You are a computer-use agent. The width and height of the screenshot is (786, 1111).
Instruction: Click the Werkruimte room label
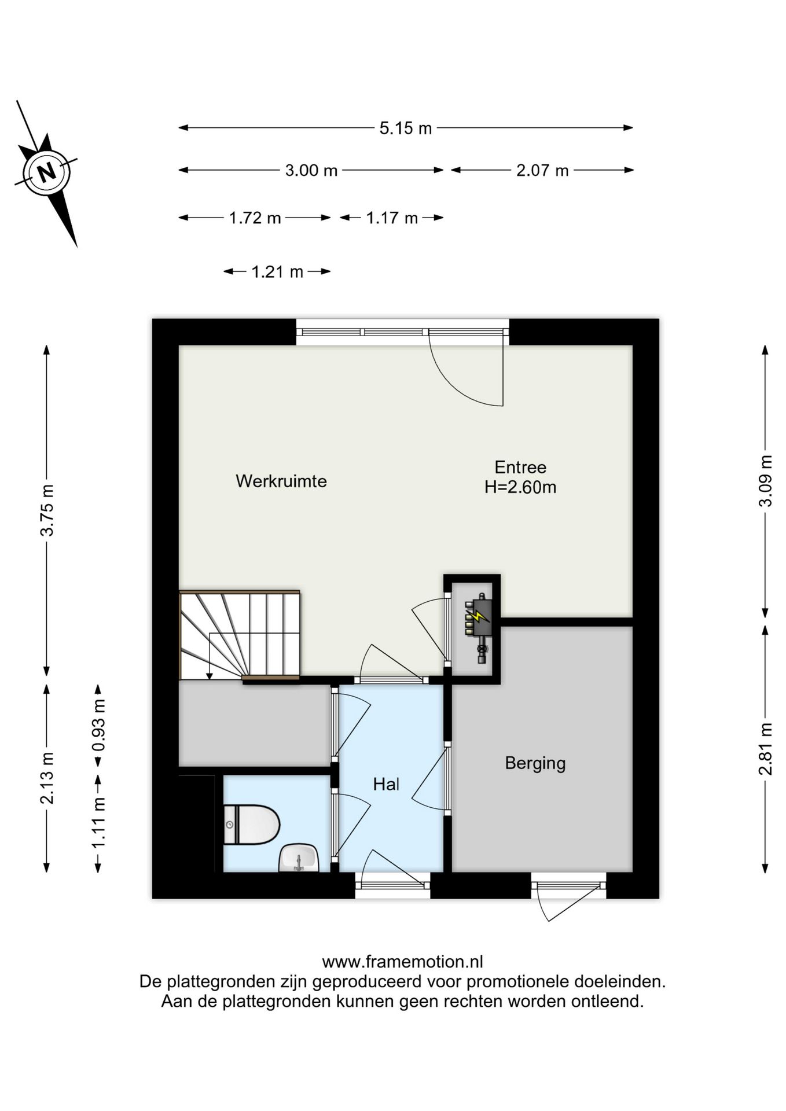click(x=281, y=481)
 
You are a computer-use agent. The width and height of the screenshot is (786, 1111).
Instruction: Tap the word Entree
click(x=520, y=467)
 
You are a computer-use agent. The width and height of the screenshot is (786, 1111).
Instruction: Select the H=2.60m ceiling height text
click(x=520, y=487)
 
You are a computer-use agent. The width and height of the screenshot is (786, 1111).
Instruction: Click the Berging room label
click(x=535, y=763)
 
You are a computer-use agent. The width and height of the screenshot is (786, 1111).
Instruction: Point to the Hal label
click(x=386, y=784)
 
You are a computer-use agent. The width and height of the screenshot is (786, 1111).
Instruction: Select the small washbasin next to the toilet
click(x=299, y=858)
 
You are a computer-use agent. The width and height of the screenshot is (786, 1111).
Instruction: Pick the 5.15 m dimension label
click(x=406, y=128)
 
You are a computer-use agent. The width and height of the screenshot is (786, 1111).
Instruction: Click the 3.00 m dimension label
click(x=311, y=170)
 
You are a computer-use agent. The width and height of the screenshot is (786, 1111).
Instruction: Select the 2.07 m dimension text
click(x=542, y=170)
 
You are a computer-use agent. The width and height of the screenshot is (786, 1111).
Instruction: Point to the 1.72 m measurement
click(x=255, y=218)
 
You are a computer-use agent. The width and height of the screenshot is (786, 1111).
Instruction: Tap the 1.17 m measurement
click(x=392, y=218)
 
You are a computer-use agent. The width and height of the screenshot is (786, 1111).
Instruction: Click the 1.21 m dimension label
click(x=277, y=271)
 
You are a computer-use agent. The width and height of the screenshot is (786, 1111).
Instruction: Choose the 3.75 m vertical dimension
click(x=47, y=510)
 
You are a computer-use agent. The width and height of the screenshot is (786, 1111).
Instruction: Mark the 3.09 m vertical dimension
click(x=765, y=481)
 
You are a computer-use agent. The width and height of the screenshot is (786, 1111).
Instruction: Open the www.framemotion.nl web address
click(x=402, y=962)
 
